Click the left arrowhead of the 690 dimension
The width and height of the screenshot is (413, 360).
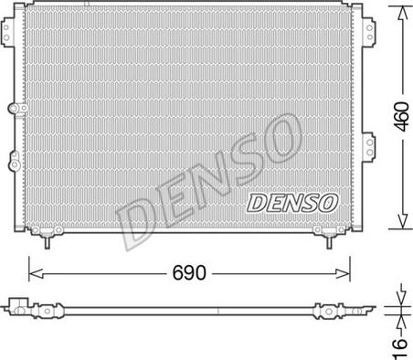click(34, 271)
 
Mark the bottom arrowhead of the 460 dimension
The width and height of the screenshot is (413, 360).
click(398, 226)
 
